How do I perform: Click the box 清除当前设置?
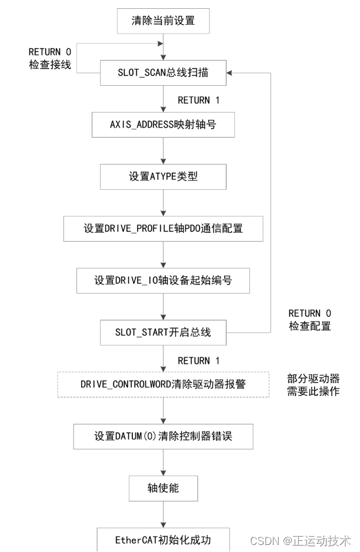click(163, 22)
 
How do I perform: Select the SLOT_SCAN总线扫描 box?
click(163, 73)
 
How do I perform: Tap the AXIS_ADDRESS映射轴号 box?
click(163, 125)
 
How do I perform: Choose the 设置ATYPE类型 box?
click(163, 176)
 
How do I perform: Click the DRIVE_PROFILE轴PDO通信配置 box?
click(163, 228)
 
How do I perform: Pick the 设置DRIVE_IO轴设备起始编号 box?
click(163, 280)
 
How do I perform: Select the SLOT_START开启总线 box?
click(163, 333)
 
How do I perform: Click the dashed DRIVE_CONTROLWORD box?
click(163, 384)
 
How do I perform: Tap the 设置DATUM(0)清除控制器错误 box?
click(163, 436)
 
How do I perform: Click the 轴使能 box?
click(163, 488)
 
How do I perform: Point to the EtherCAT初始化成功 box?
click(163, 538)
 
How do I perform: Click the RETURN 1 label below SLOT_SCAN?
click(199, 100)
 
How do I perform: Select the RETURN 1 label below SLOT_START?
click(199, 360)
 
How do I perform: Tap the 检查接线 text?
click(50, 65)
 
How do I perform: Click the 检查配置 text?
click(310, 326)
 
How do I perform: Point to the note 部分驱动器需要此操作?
click(313, 384)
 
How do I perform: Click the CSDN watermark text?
click(300, 540)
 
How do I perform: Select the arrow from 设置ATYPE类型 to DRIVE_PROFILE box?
click(163, 203)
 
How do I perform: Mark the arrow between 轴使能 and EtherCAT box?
click(163, 514)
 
